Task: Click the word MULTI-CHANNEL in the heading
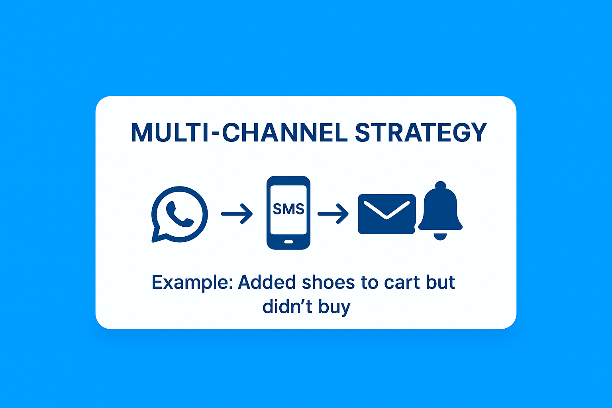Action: point(239,133)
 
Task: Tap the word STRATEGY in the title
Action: point(421,133)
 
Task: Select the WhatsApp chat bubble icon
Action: point(180,214)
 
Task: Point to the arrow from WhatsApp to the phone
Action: point(237,214)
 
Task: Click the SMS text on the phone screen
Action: point(288,209)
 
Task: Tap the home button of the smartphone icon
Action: point(288,242)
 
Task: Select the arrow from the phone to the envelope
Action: point(333,214)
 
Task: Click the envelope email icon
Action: point(386,214)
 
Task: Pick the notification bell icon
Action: point(440,210)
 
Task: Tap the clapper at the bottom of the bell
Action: point(440,237)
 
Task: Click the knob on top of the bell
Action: point(440,186)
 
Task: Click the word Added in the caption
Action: point(267,282)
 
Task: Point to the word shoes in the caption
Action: point(328,282)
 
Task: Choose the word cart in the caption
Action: point(402,282)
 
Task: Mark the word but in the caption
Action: point(440,282)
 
